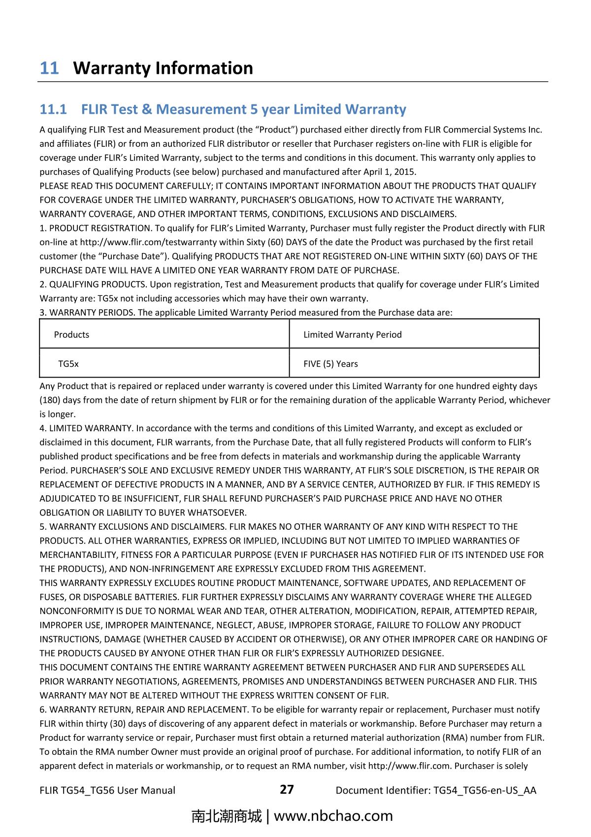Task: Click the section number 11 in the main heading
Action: click(49, 68)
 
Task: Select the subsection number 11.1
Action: click(53, 109)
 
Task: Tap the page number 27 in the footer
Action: click(287, 789)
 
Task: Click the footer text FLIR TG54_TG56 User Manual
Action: click(107, 790)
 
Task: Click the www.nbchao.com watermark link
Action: click(333, 816)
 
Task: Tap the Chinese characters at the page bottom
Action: click(226, 816)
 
